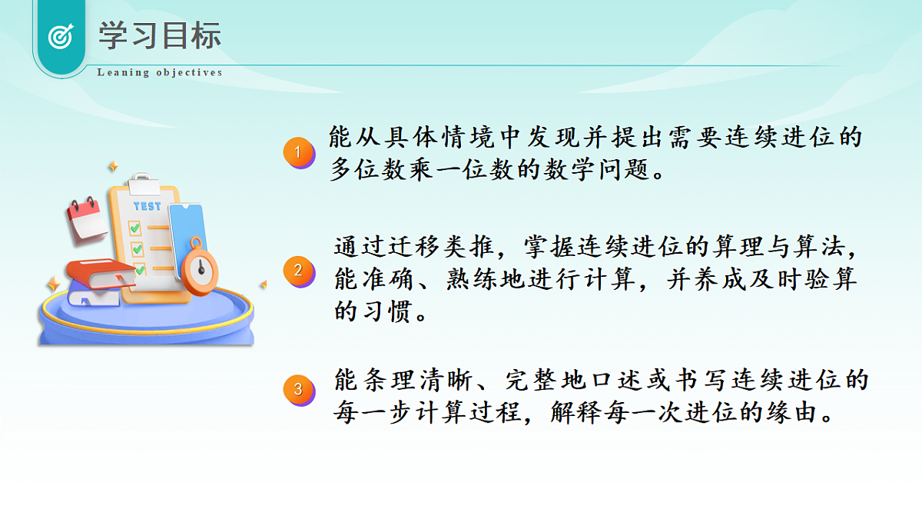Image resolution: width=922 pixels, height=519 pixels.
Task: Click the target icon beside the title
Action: point(60,36)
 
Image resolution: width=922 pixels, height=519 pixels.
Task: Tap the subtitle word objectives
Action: point(189,73)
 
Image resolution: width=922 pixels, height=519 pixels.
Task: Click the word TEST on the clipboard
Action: point(147,206)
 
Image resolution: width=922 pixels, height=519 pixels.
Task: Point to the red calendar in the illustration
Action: point(86,218)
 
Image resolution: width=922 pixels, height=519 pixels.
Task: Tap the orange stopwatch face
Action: point(201,268)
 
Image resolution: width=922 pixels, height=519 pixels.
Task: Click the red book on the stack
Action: point(100,273)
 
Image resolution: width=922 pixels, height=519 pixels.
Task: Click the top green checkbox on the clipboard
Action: point(135,228)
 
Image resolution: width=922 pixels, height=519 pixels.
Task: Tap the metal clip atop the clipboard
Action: point(143,184)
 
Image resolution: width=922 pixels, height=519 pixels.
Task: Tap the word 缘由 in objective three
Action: point(788,414)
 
